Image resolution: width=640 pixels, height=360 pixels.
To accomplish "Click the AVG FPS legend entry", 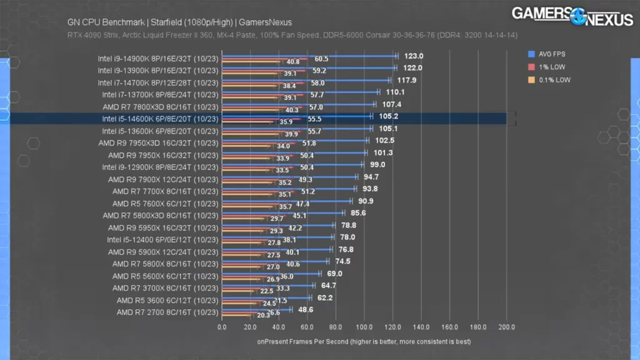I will click(552, 54).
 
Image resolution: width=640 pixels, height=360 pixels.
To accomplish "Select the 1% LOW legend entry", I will click(550, 67).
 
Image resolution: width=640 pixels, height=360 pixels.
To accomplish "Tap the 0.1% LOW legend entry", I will click(552, 80).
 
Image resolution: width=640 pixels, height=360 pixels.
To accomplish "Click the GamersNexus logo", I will click(572, 16).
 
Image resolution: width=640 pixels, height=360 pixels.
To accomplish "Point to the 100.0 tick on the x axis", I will click(364, 327).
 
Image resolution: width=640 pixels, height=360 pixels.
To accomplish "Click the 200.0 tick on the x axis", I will click(506, 327).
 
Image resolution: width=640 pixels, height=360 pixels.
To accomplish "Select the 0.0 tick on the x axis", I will click(222, 327).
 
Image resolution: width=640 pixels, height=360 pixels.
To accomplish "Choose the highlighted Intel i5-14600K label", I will click(159, 119).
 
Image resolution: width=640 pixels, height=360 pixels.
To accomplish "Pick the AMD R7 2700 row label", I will click(167, 312).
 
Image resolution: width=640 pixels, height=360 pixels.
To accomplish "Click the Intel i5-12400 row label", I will click(162, 239).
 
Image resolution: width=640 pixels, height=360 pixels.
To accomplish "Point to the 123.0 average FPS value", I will click(412, 56).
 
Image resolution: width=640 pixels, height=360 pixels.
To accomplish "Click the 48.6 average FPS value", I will click(306, 309).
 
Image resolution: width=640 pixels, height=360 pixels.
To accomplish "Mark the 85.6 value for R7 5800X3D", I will click(357, 212).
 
